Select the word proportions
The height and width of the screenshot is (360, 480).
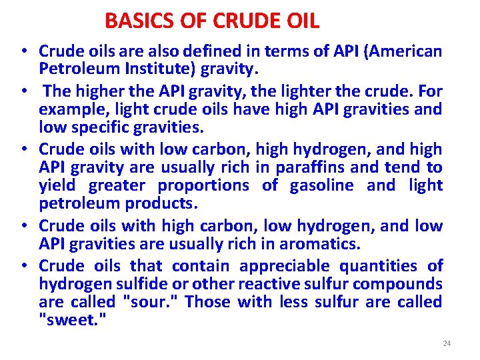click(203, 185)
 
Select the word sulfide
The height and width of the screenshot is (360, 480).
click(127, 284)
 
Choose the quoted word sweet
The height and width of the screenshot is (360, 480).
click(69, 321)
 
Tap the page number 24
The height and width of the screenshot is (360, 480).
click(447, 343)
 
